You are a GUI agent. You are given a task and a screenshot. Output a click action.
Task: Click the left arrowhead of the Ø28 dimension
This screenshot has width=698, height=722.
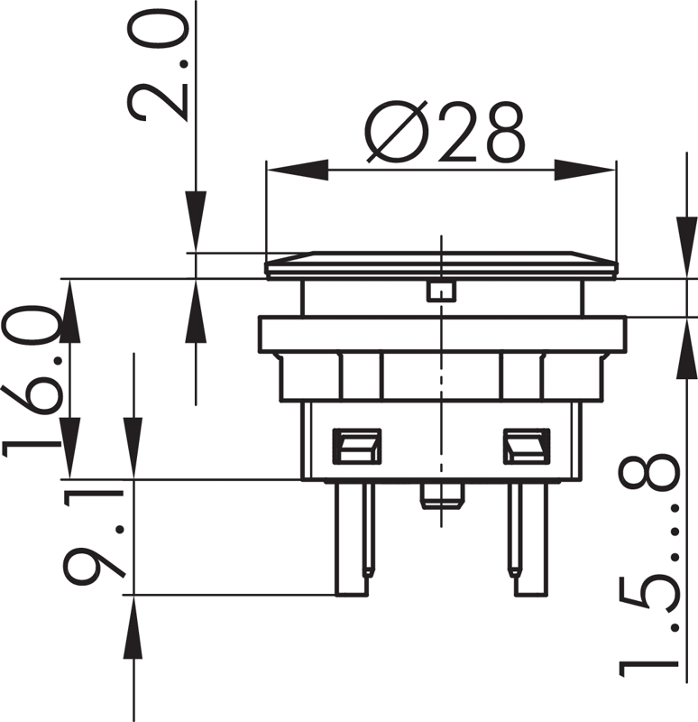click(298, 170)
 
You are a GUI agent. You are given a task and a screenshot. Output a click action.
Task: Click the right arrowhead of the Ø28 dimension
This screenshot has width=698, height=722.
click(584, 170)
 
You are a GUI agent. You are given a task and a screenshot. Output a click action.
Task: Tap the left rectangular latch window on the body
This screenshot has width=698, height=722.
click(357, 446)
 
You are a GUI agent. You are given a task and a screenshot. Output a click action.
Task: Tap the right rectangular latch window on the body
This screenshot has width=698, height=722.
click(527, 446)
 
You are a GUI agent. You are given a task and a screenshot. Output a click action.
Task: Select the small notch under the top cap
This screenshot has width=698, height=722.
click(441, 291)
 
